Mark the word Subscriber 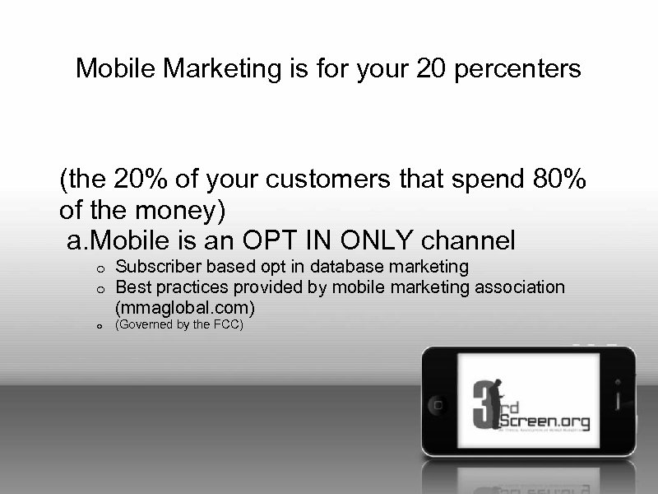point(152,266)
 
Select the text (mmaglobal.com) point(185,307)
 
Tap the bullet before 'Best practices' point(97,287)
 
